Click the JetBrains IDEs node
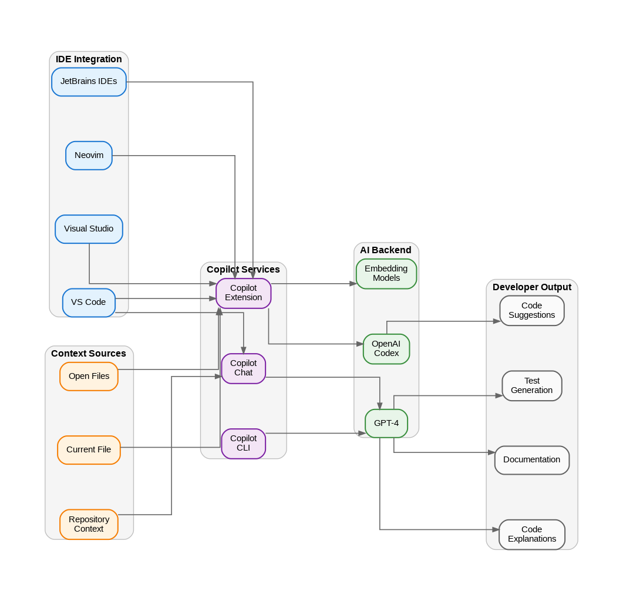[89, 82]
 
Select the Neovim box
[89, 156]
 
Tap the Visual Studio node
[89, 229]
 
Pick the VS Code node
[89, 303]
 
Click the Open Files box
[89, 376]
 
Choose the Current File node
[89, 450]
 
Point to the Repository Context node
[89, 524]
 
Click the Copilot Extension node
[243, 293]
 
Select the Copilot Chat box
[243, 368]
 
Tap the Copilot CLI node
[243, 444]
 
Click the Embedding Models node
[386, 274]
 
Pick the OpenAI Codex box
[386, 349]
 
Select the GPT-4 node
[386, 424]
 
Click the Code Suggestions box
[531, 311]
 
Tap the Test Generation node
[531, 386]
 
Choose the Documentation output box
[531, 460]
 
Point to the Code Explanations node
[531, 535]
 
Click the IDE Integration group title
[89, 59]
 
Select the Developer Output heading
[531, 287]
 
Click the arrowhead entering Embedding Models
[353, 284]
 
